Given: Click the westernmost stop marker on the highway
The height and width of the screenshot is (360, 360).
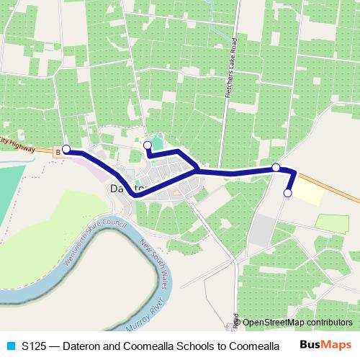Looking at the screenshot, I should pos(66,149).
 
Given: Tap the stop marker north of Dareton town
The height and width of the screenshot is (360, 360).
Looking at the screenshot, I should pos(148,145).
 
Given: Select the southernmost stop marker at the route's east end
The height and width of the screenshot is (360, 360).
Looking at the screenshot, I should pos(288,193).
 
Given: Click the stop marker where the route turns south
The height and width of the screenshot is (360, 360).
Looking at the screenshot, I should pos(276,168).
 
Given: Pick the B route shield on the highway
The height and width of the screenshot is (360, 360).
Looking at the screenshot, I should pos(58,152).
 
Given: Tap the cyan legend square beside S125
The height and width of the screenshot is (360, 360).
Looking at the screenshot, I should pos(10,346).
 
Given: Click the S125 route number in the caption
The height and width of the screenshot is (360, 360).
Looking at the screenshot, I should pos(33,346).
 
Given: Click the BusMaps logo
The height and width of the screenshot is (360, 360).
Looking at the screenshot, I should pos(325,345).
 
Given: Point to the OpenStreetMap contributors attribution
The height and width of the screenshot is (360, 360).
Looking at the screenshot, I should pos(297,323).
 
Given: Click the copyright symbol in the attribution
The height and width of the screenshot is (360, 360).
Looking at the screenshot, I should pos(238,323).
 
